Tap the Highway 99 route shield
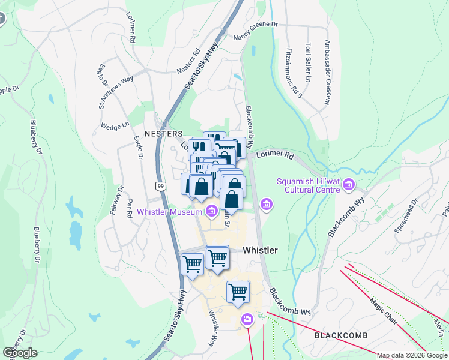pos(160,187)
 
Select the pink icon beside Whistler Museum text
pos(211,211)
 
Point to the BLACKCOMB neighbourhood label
pos(340,335)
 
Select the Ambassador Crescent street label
pos(327,72)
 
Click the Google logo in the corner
pos(20,353)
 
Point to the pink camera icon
pos(247,319)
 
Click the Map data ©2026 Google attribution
pos(412,355)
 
